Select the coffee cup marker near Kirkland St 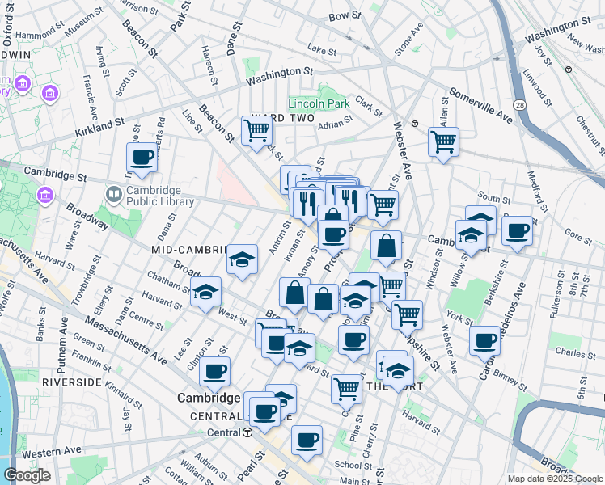142,158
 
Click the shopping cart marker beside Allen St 443,141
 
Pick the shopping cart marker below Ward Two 256,129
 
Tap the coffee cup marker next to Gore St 517,230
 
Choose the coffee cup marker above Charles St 484,339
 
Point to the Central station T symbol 247,432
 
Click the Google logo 27,475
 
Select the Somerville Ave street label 481,105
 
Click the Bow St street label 344,15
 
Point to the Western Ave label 56,449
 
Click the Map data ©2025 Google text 555,479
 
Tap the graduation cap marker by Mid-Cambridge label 242,260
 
